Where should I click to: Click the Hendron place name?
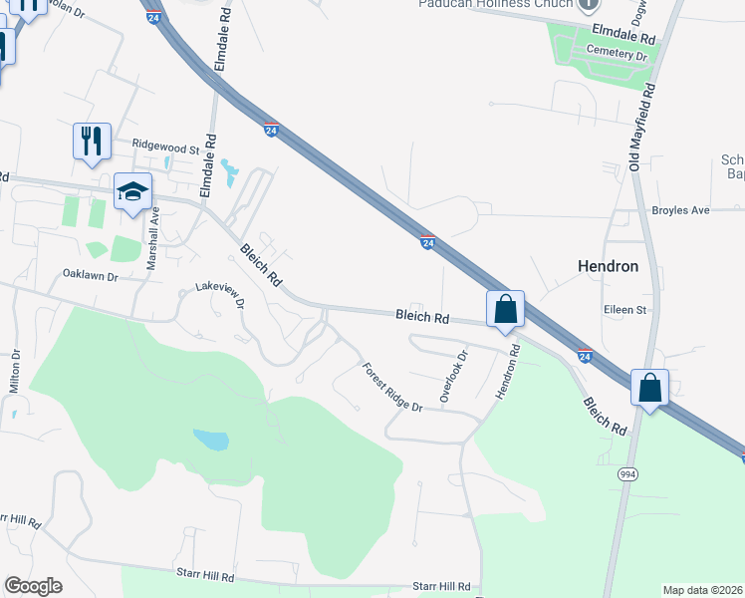(x=609, y=266)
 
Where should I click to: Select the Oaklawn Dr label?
(x=91, y=274)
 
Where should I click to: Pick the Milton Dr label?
(x=16, y=372)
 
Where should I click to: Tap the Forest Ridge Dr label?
(x=391, y=387)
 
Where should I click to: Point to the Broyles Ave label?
(x=680, y=211)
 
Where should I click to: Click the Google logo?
(x=34, y=586)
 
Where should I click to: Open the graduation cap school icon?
(x=132, y=193)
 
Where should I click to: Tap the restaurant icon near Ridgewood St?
(x=92, y=141)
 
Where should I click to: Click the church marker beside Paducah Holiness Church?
(x=590, y=5)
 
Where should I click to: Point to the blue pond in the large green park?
(x=210, y=440)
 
